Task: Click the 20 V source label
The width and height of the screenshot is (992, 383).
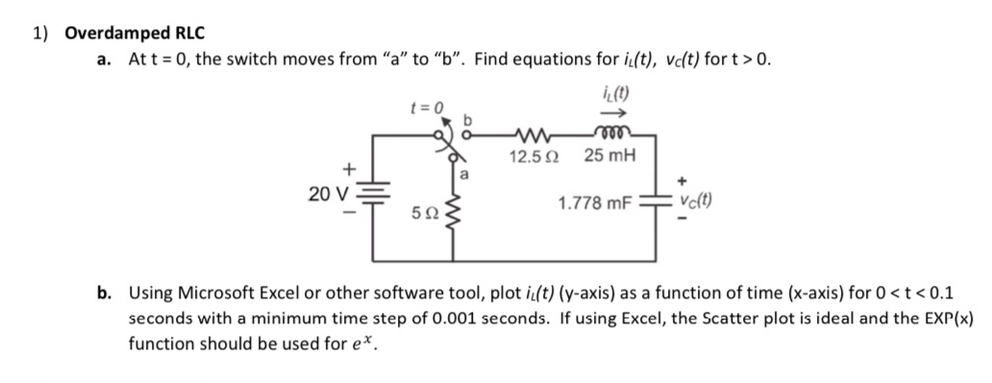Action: coord(327,194)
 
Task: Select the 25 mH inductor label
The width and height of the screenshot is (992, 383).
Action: coord(609,156)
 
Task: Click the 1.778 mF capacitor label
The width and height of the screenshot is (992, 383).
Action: coord(593,203)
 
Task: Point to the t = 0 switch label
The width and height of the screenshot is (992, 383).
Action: coord(427,108)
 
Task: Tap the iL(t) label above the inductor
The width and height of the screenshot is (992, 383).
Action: coord(612,94)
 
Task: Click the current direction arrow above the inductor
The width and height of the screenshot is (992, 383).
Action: coord(612,112)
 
